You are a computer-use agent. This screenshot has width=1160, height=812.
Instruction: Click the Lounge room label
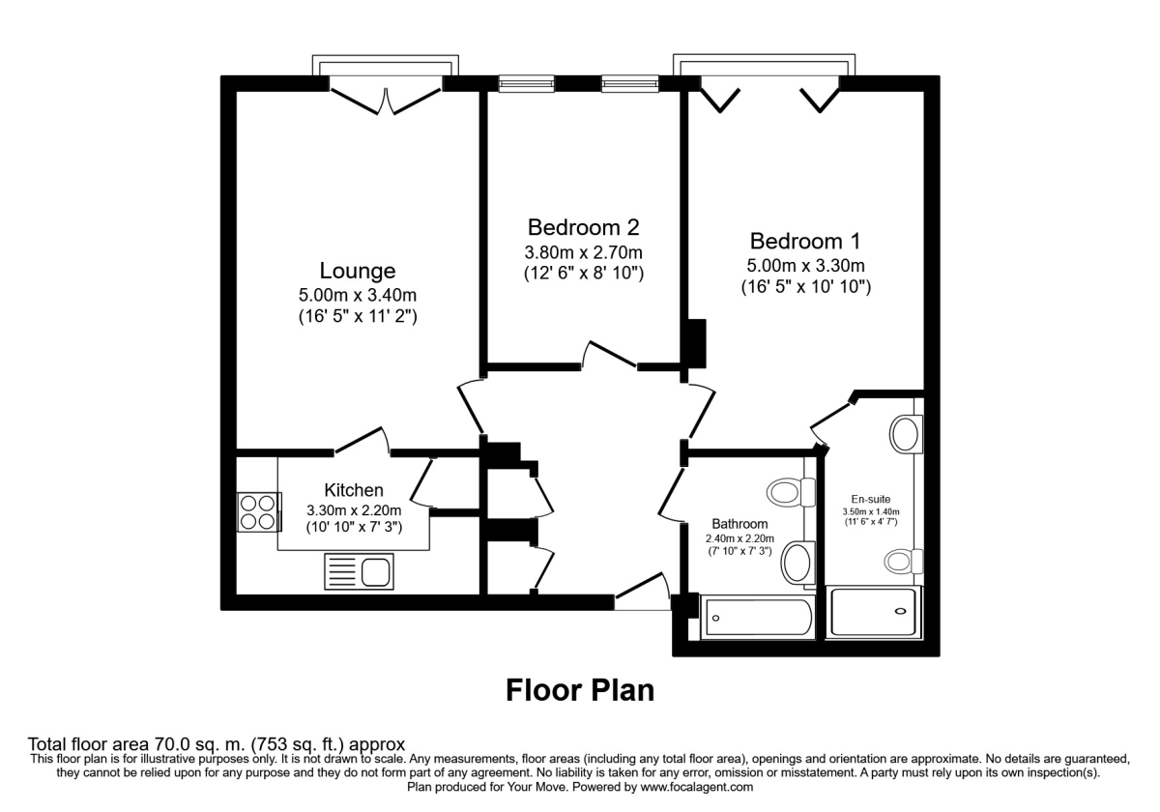[x=358, y=271]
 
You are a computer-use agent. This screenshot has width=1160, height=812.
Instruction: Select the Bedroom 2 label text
[x=583, y=228]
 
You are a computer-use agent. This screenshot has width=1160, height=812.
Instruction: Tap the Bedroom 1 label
[x=805, y=241]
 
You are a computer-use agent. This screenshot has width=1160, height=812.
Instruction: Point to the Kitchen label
[x=354, y=490]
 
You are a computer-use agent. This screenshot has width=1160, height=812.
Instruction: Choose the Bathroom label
[x=739, y=525]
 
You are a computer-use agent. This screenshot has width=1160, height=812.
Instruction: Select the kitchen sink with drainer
[x=359, y=570]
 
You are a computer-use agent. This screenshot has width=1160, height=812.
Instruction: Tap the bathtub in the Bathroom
[x=758, y=616]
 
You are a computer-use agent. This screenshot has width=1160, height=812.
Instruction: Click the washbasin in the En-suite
[x=907, y=434]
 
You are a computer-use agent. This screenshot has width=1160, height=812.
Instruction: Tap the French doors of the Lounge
[x=387, y=99]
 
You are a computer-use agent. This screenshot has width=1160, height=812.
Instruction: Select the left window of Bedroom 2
[x=527, y=84]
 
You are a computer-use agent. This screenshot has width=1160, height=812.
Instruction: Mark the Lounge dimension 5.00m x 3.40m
[x=358, y=295]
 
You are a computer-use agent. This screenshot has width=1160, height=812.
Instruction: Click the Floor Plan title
[x=580, y=690]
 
